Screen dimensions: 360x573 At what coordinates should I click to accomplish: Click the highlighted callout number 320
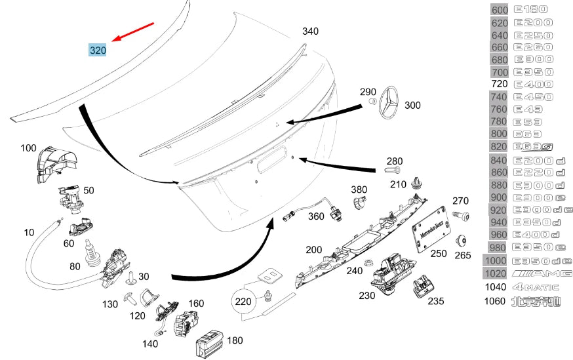click(98, 50)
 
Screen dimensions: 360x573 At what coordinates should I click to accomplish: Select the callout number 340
click(310, 31)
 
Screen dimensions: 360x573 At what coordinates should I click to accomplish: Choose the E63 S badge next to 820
click(534, 148)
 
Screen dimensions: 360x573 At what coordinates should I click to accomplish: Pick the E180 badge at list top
click(530, 10)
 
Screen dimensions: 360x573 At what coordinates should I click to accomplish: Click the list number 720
click(500, 85)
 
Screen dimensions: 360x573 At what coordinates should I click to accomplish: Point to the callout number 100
click(28, 148)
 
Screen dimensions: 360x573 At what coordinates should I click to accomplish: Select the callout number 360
click(317, 216)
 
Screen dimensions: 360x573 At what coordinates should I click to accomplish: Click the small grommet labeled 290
click(372, 103)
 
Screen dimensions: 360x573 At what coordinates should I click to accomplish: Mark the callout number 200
click(313, 249)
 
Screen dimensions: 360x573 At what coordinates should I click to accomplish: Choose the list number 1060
click(495, 301)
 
